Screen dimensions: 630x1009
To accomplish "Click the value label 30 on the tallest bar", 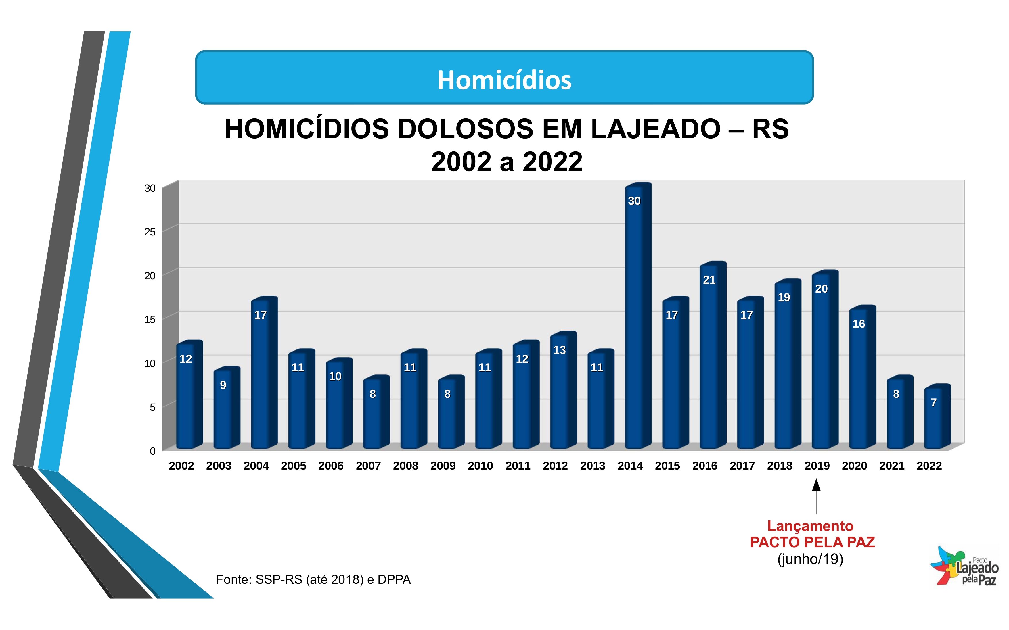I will [634, 201].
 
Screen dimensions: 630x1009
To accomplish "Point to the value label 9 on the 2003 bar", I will [223, 385].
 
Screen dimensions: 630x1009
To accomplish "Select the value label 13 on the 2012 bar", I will [559, 350].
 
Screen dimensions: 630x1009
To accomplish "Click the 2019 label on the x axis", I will [817, 466].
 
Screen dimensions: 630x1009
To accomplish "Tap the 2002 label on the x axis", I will [181, 466].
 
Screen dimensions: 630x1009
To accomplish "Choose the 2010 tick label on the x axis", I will [480, 466].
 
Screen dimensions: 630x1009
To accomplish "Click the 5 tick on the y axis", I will [152, 407].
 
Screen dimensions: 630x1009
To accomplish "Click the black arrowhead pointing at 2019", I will [816, 485].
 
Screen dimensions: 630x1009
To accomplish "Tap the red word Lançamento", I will [810, 526].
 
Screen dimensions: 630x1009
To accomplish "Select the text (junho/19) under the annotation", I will [810, 559].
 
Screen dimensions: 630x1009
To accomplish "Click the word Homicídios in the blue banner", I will [504, 80].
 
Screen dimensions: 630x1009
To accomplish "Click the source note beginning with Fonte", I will [313, 580].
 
